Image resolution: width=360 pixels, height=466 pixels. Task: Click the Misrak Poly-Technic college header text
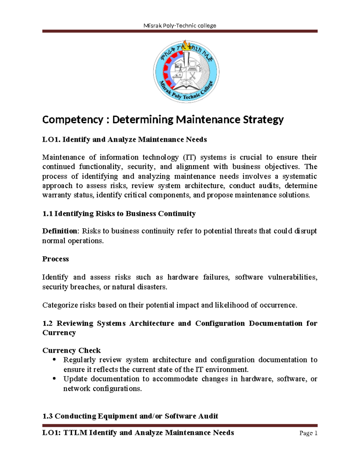pos(180,26)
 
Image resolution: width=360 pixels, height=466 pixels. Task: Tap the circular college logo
pos(186,72)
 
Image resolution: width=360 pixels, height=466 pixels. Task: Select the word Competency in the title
pos(73,120)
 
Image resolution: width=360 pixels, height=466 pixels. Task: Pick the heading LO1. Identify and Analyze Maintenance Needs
pos(124,140)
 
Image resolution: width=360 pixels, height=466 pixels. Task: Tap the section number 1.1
pos(47,214)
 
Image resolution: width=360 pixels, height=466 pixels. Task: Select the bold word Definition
pos(60,231)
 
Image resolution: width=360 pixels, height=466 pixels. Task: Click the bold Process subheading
pos(55,259)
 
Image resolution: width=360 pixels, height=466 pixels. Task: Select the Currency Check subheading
pos(71,350)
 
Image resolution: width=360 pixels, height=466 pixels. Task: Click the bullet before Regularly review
pos(54,359)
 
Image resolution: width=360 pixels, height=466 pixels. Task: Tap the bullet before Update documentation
pos(54,379)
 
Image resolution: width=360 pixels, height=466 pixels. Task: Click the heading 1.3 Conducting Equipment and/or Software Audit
pos(130,416)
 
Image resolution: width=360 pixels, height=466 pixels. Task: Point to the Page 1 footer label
pos(308,433)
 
